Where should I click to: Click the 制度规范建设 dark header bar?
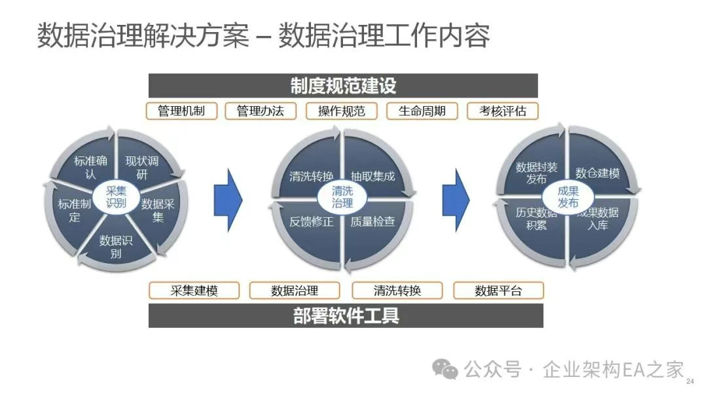[342, 86]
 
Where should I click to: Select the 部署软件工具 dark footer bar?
[346, 316]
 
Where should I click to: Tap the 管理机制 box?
[181, 111]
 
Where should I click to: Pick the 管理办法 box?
[261, 111]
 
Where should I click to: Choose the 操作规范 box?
[342, 111]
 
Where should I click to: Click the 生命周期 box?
[422, 111]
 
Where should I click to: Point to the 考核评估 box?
[502, 111]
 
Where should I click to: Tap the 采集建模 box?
[194, 291]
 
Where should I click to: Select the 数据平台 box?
[499, 291]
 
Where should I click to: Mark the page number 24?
[689, 382]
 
